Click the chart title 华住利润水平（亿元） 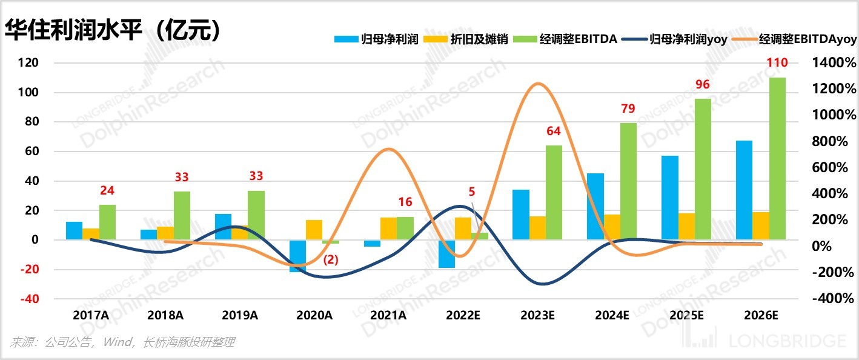(111, 30)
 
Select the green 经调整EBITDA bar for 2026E (777, 159)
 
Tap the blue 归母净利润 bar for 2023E (520, 215)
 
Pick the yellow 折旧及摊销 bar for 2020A (314, 230)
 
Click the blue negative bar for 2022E (446, 254)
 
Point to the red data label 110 (777, 63)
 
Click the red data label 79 (628, 109)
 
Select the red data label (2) (331, 259)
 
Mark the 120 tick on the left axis (28, 63)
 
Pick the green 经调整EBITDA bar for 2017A (107, 222)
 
